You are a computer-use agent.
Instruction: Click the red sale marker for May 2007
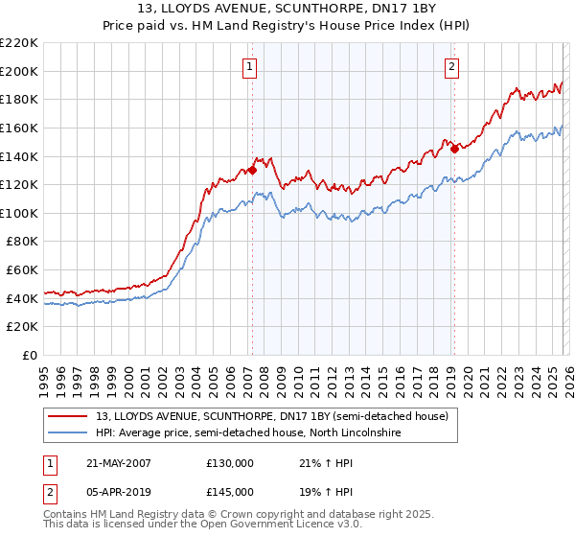pyautogui.click(x=252, y=171)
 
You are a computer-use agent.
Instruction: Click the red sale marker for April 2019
pyautogui.click(x=453, y=149)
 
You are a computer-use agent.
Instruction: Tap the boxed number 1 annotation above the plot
pyautogui.click(x=249, y=66)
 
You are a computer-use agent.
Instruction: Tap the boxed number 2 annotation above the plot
pyautogui.click(x=450, y=66)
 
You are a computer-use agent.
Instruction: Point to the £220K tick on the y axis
pyautogui.click(x=19, y=43)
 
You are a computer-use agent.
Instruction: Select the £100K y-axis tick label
pyautogui.click(x=19, y=213)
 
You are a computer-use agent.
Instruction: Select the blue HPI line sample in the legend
pyautogui.click(x=68, y=434)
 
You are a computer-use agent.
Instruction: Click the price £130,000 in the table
pyautogui.click(x=230, y=463)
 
